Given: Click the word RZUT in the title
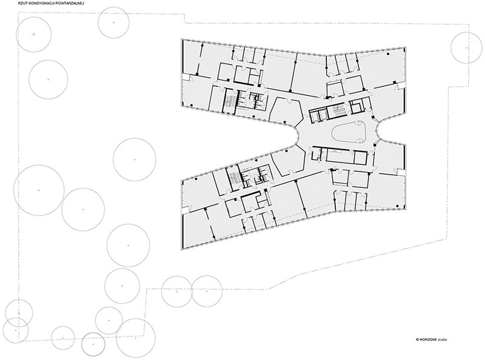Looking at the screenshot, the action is pos(23,3).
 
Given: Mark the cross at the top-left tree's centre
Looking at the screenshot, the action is pos(34,35).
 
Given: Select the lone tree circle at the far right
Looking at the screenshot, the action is pos(466,48).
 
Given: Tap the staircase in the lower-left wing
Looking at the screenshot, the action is pos(233,177).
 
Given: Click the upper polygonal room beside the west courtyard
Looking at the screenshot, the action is pos(286,110).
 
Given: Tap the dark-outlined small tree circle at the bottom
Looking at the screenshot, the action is pos(93,344).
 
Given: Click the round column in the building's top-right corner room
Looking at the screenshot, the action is pos(387,53).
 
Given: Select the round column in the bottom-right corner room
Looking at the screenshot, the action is pos(396,205).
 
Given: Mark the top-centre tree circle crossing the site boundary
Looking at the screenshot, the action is pos(113,22).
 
